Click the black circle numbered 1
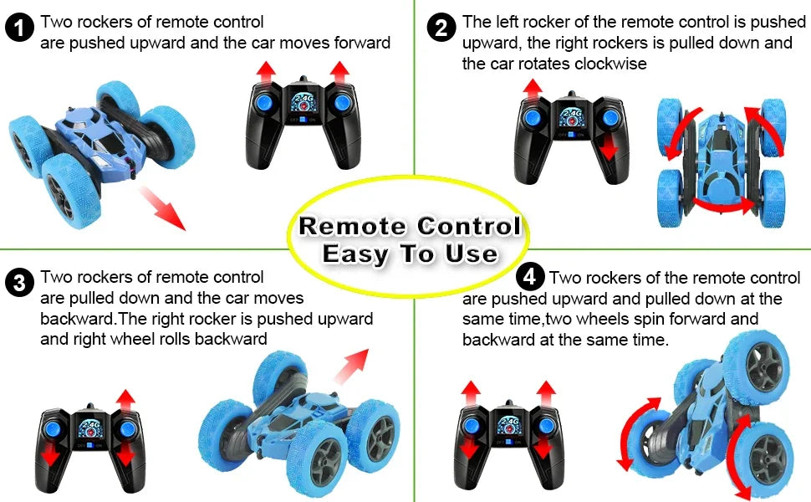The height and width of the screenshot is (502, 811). [20, 28]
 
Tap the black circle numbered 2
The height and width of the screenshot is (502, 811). [441, 28]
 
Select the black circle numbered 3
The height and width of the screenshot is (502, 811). [20, 283]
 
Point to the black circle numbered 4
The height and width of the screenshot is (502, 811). [530, 277]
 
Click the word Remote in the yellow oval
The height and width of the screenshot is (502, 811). [352, 226]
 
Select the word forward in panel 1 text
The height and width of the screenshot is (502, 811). [362, 43]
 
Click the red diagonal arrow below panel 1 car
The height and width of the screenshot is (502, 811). [162, 208]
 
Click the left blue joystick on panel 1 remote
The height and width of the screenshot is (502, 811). [263, 102]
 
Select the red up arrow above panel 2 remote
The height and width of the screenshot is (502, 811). [533, 89]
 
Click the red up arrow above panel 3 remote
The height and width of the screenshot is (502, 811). [125, 402]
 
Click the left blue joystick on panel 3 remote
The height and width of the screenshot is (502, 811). [53, 428]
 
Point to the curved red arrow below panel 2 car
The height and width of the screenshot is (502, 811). [723, 206]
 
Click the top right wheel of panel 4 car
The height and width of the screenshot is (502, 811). [757, 366]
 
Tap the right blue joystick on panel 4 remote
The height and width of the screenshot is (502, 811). [546, 425]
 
